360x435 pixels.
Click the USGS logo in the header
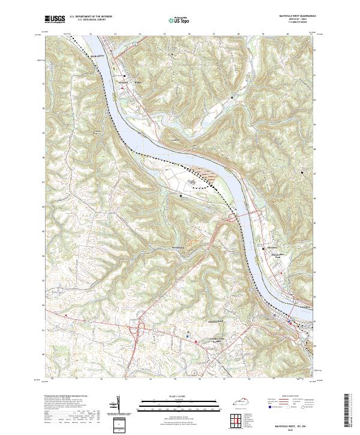(55, 19)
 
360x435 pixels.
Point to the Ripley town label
(136, 83)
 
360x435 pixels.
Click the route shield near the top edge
(137, 43)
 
